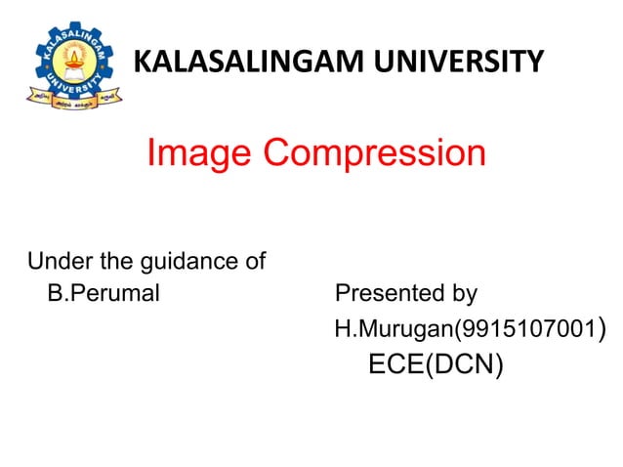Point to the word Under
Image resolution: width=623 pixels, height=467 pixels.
(x=57, y=262)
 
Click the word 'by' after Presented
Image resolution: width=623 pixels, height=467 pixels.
(x=458, y=294)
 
